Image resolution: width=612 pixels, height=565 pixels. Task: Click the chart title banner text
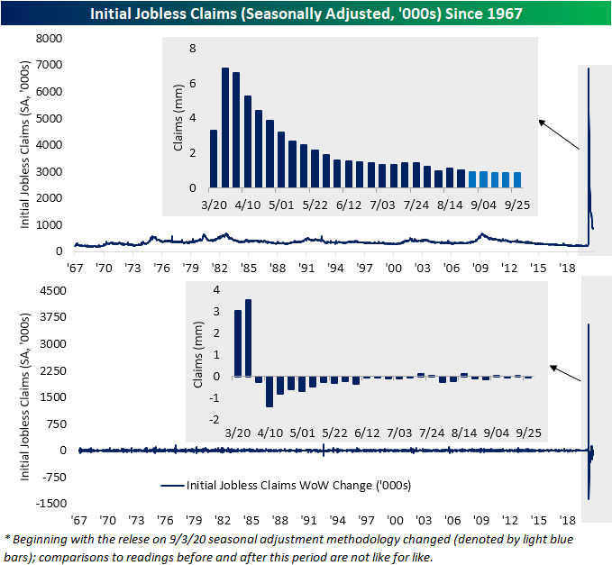coord(306,13)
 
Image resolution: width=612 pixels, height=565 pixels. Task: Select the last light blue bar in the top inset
coord(516,179)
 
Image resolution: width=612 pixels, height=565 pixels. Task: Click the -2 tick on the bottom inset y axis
coord(214,420)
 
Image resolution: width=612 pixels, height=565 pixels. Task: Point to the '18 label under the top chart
coord(568,269)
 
